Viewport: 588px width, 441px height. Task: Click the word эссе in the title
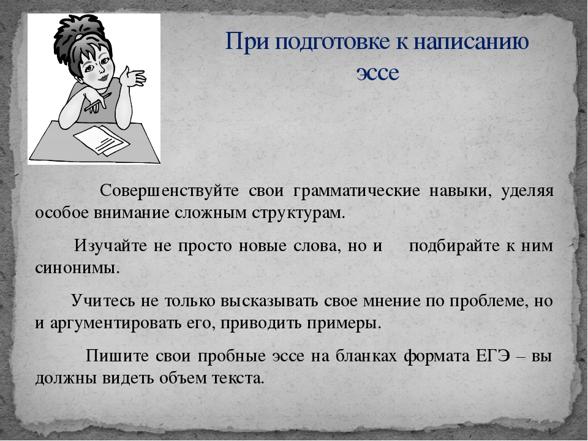pyautogui.click(x=378, y=72)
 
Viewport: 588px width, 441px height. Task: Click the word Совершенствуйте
pyautogui.click(x=170, y=190)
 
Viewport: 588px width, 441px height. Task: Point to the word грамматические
pyautogui.click(x=356, y=192)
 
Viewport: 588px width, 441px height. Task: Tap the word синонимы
pyautogui.click(x=78, y=268)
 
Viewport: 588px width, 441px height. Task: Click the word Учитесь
pyautogui.click(x=102, y=301)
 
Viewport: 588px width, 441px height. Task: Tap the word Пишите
pyautogui.click(x=117, y=355)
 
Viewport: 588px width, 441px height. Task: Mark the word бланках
pyautogui.click(x=366, y=355)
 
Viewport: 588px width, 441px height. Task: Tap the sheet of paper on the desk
pyautogui.click(x=101, y=140)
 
